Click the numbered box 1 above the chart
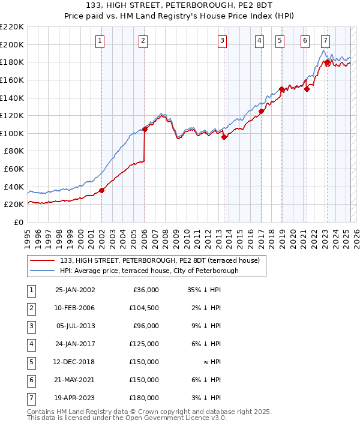click(x=100, y=41)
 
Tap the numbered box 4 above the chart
click(x=259, y=41)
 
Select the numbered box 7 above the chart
click(x=325, y=41)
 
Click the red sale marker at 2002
click(x=102, y=191)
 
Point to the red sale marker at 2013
click(x=224, y=137)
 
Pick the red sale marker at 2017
click(x=262, y=111)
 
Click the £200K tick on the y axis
click(x=12, y=44)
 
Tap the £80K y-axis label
click(x=14, y=151)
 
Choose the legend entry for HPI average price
click(x=149, y=271)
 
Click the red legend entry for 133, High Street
click(x=159, y=260)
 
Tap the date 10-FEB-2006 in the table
click(x=75, y=308)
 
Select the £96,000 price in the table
click(x=145, y=326)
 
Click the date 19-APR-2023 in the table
click(x=75, y=398)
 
